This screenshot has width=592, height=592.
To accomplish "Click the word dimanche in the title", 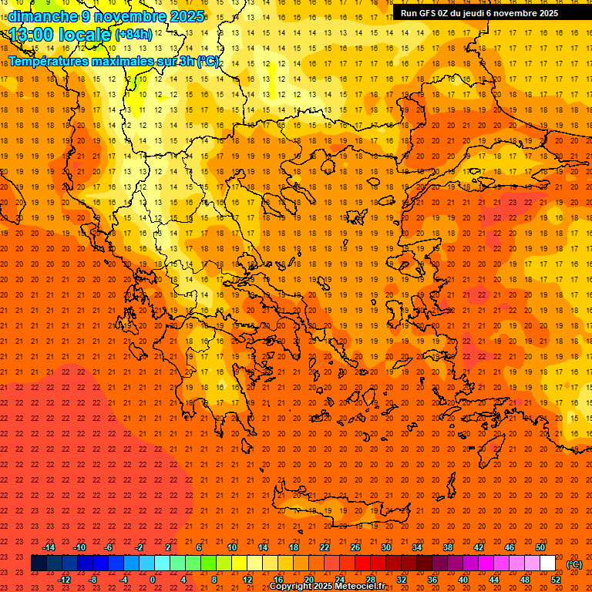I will click(43, 16).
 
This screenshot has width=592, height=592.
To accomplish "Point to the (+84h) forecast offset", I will click(133, 35).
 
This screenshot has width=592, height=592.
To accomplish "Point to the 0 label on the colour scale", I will click(153, 580).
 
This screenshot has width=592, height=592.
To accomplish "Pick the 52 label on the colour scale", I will click(556, 580).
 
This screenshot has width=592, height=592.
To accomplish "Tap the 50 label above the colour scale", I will click(540, 547).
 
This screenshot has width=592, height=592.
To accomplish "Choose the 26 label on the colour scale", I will click(355, 547).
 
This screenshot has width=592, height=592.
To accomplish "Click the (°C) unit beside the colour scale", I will click(574, 563).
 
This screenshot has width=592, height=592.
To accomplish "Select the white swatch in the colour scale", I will click(547, 563).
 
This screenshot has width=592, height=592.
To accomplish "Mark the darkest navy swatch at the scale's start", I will click(39, 563).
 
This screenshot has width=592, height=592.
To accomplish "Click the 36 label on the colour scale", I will click(432, 580).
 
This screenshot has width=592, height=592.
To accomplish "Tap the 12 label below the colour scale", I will click(247, 580).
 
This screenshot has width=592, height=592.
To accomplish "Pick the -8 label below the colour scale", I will click(93, 580).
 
